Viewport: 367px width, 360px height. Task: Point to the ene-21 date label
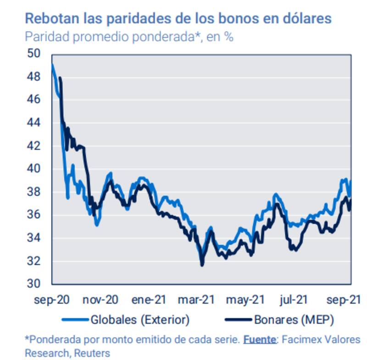(149, 300)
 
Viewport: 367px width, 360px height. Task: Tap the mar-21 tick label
(196, 300)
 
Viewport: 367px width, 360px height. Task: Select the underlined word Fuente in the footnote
(260, 340)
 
